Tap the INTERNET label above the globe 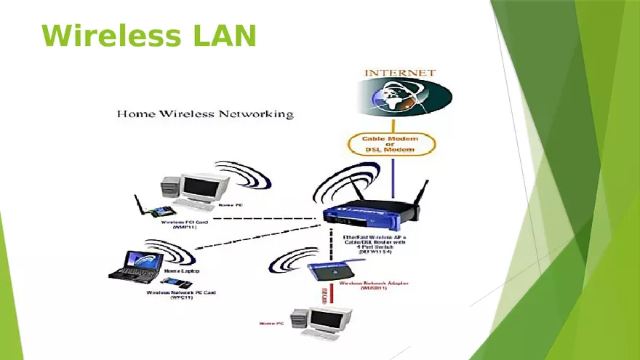399,73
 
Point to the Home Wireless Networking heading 205,114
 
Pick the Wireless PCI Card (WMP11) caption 180,223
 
